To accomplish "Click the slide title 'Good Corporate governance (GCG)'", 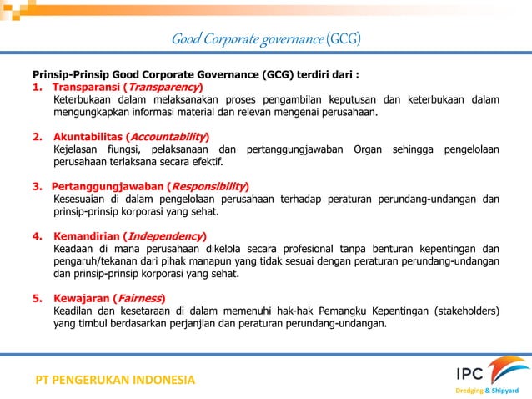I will pos(265,38).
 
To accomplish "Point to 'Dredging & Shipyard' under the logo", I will pos(489,390).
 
